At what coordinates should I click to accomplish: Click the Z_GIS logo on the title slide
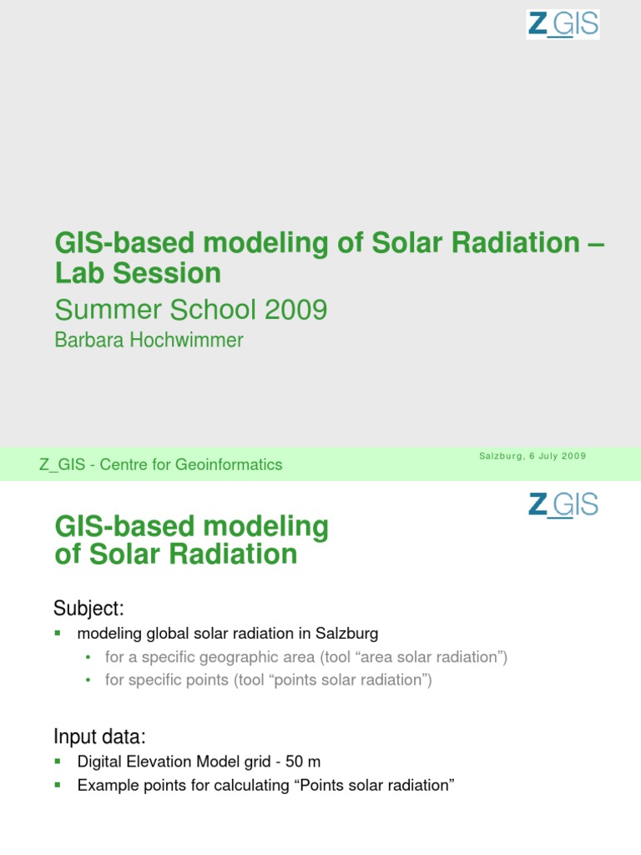pyautogui.click(x=563, y=24)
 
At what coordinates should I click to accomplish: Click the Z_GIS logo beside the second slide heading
pyautogui.click(x=563, y=505)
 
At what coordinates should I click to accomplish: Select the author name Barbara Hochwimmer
pyautogui.click(x=149, y=340)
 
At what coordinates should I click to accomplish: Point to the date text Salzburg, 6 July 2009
pyautogui.click(x=532, y=456)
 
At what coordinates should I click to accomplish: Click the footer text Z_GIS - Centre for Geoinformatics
pyautogui.click(x=161, y=465)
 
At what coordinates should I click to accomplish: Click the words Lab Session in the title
pyautogui.click(x=138, y=272)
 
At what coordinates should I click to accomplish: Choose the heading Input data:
pyautogui.click(x=99, y=736)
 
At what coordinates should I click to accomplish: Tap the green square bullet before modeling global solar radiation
pyautogui.click(x=58, y=633)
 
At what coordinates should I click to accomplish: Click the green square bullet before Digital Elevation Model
pyautogui.click(x=58, y=761)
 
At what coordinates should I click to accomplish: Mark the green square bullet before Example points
pyautogui.click(x=58, y=785)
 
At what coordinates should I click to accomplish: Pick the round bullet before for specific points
pyautogui.click(x=88, y=680)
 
